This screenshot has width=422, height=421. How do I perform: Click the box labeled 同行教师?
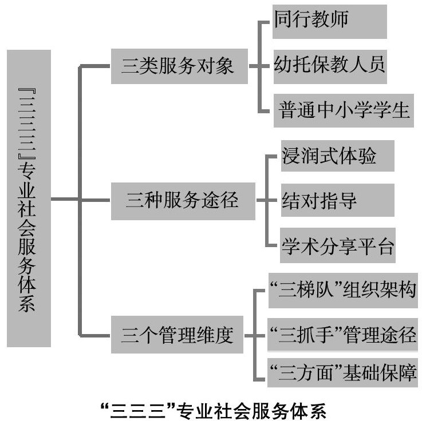coord(329,21)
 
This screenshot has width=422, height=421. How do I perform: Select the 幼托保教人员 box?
coord(329,63)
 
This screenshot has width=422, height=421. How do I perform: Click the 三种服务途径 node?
coord(182,201)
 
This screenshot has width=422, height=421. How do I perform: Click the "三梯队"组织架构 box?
coord(342,291)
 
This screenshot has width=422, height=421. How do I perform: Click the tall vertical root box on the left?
coord(29,198)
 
